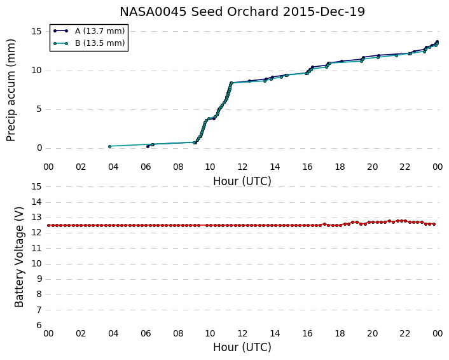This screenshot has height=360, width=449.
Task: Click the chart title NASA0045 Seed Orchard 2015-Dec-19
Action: coord(242,11)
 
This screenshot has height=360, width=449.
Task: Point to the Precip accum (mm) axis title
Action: coord(11,90)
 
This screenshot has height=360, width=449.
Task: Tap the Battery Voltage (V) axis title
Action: coord(19,257)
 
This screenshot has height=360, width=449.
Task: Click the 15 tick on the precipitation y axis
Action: coord(37,31)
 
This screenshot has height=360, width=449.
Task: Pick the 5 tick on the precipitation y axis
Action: coord(39,109)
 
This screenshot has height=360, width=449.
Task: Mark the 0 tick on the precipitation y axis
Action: coord(39,148)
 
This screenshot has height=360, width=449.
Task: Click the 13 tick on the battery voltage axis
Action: coord(37,218)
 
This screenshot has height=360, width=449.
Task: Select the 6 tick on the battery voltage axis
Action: coord(39,326)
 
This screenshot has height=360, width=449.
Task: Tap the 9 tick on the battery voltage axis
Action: coord(39,279)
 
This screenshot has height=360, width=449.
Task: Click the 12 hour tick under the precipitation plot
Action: coord(242,167)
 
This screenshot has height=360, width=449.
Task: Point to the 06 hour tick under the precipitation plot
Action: coord(146,167)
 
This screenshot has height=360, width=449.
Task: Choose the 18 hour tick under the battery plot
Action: coord(340,334)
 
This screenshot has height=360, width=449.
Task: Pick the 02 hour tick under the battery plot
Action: coord(81,334)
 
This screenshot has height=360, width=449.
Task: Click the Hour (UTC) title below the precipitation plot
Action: coord(242,181)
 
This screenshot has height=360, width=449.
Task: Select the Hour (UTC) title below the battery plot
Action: coord(242,347)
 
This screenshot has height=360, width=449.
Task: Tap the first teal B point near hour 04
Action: coord(109,146)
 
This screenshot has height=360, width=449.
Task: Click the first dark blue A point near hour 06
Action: coord(148,146)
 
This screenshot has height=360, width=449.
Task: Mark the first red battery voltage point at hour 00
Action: coord(49,225)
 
